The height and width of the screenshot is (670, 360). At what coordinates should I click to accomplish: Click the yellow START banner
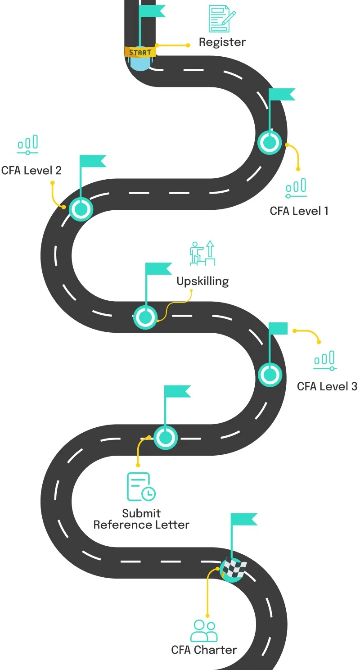click(140, 52)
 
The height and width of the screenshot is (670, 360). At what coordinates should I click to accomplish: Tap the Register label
click(222, 42)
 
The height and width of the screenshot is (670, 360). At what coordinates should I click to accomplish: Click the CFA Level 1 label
click(299, 211)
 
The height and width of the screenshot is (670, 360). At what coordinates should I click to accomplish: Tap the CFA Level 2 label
click(31, 170)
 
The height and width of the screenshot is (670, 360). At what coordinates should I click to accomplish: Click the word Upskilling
click(202, 281)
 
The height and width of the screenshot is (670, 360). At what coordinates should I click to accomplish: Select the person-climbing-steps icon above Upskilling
click(202, 254)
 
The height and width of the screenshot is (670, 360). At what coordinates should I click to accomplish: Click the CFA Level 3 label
click(327, 386)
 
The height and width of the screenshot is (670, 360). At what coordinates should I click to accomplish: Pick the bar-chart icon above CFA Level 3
click(325, 361)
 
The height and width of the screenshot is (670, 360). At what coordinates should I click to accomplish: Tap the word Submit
click(141, 513)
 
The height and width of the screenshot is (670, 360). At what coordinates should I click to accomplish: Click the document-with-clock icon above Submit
click(141, 487)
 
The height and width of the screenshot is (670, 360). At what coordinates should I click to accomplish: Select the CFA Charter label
click(204, 650)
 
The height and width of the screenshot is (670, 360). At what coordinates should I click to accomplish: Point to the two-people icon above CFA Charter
click(204, 631)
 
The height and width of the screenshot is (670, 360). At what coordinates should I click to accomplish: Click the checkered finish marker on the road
click(233, 570)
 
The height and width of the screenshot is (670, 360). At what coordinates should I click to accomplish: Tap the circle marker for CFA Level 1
click(270, 142)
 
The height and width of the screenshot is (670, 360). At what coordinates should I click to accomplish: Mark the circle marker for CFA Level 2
click(81, 209)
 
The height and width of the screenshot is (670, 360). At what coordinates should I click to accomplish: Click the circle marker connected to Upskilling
click(145, 317)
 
